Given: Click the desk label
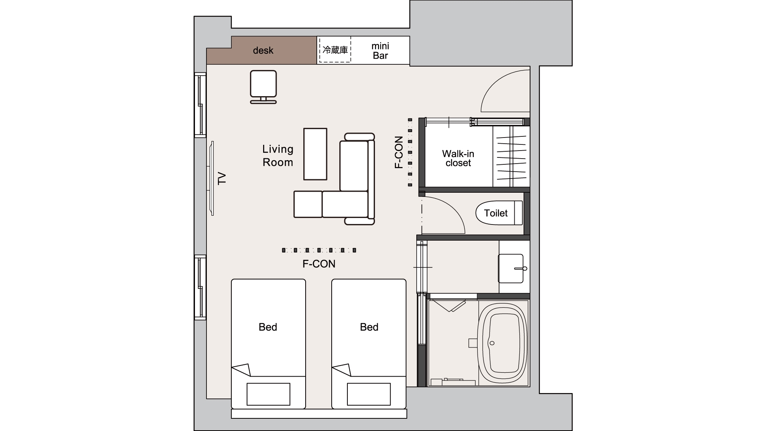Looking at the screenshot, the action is (263, 51).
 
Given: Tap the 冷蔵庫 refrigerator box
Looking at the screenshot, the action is (335, 49).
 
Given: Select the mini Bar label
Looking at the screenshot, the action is (380, 51).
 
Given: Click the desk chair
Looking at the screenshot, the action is (264, 87).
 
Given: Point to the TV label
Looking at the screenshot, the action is (222, 179).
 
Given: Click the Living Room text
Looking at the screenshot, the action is (278, 156).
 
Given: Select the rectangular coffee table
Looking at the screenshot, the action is (315, 154).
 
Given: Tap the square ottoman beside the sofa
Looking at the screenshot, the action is (308, 204).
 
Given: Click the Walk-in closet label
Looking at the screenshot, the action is (458, 158).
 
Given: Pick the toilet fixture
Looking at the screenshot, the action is (499, 213).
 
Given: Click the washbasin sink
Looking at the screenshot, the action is (511, 268).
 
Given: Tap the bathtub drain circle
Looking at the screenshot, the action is (492, 343).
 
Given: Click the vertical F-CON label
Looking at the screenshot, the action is (399, 152).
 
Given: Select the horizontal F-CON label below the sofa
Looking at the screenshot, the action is (319, 264).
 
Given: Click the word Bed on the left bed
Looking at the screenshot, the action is (268, 327).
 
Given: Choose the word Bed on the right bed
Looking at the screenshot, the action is (369, 327).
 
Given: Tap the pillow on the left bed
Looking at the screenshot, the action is (268, 394).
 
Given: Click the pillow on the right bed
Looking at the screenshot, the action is (369, 394).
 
